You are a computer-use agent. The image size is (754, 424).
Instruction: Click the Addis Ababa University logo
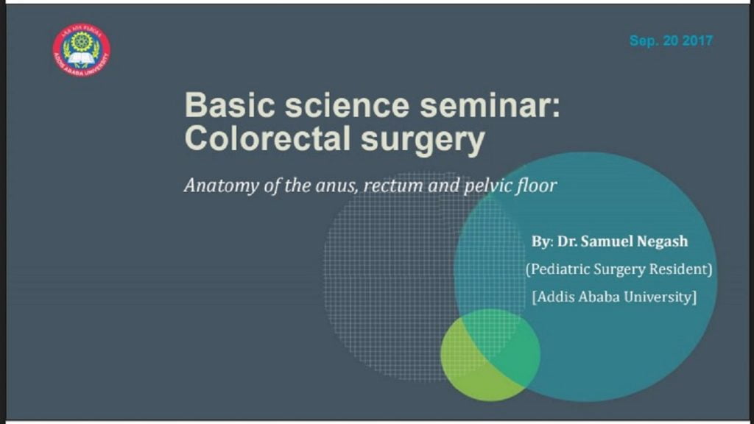pos(81,50)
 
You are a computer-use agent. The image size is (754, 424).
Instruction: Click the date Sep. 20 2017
pos(671,41)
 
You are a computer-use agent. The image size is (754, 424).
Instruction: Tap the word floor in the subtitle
pos(535,185)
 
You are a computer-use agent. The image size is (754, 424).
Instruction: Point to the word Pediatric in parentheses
pos(557,270)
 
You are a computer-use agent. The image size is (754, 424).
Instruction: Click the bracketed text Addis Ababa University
pos(614,297)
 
